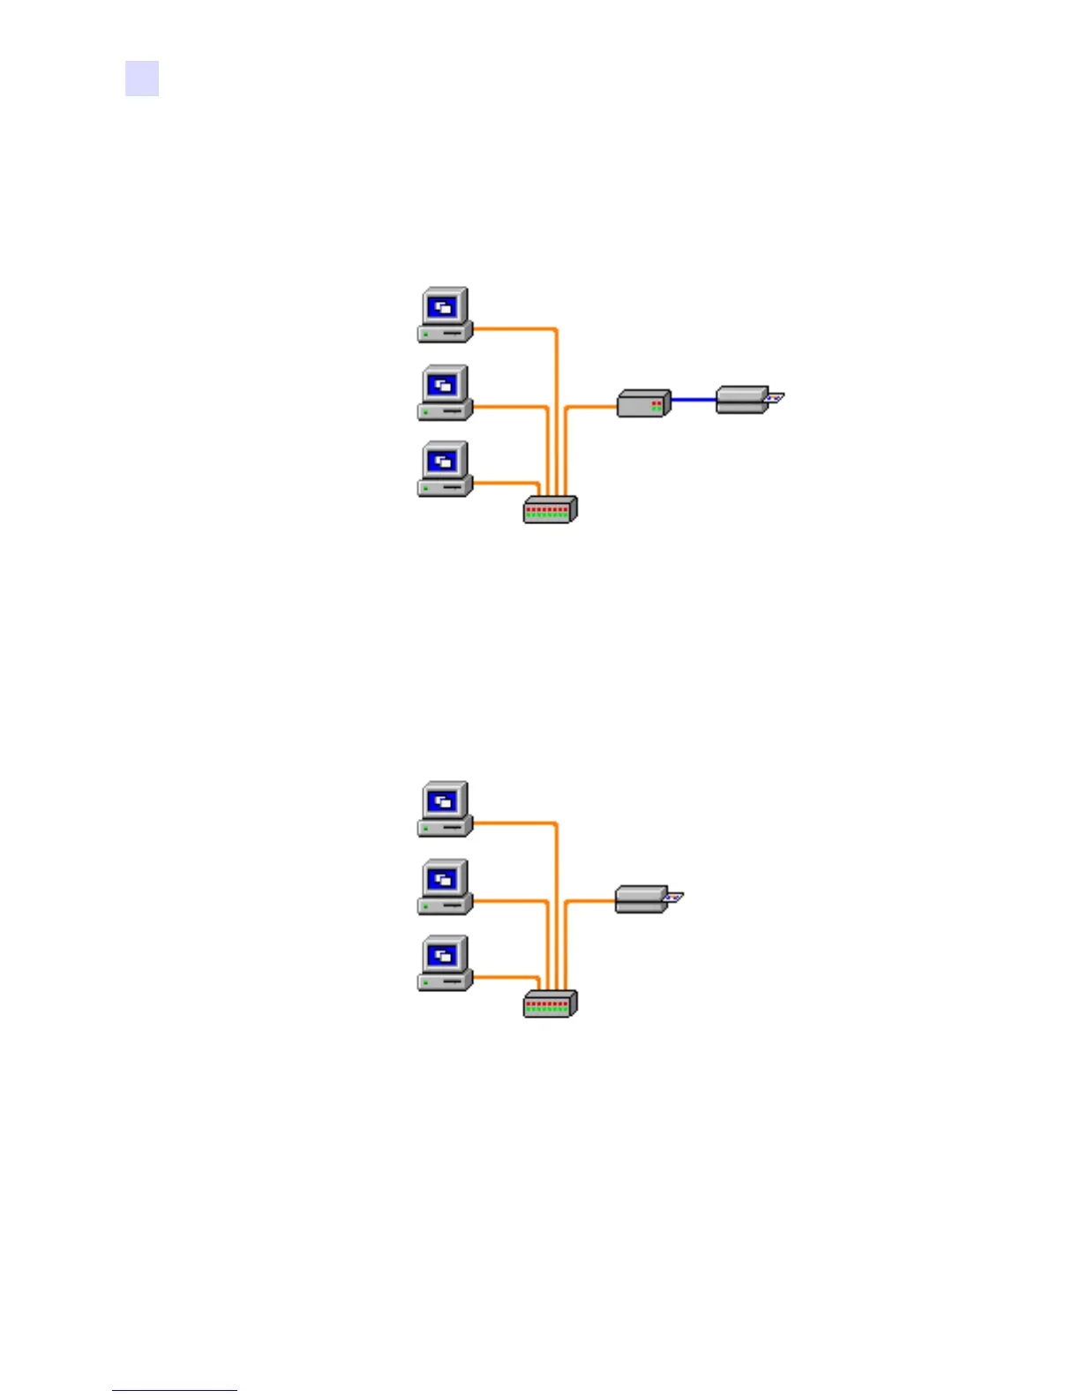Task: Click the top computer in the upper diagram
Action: (x=446, y=315)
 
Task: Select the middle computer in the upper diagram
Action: (x=446, y=393)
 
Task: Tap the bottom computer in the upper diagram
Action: (x=446, y=469)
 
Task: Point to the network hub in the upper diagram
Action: (x=550, y=509)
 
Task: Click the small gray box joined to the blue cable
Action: (x=643, y=403)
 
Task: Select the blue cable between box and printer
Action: (x=694, y=400)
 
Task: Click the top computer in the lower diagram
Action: (x=446, y=809)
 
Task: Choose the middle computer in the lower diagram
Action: (x=446, y=887)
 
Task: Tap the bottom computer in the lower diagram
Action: (x=446, y=963)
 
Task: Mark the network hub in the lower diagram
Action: (x=550, y=1003)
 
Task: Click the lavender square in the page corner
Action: (x=142, y=78)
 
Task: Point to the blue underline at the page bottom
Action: (x=175, y=1391)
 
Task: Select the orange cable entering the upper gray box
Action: (x=591, y=407)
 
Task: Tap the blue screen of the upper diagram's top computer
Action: (x=445, y=307)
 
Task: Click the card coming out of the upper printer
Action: (x=775, y=398)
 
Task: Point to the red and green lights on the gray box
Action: (x=656, y=406)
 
